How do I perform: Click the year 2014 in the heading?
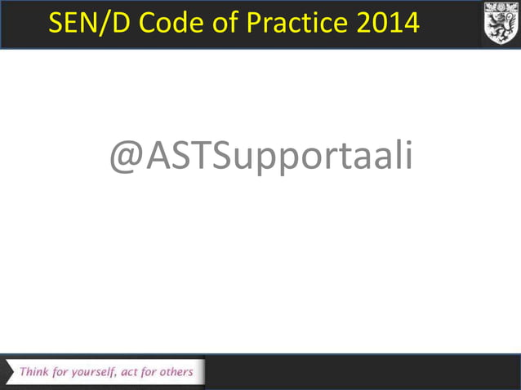pos(389,23)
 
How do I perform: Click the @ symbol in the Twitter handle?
pos(126,157)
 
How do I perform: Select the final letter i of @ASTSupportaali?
pos(407,156)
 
